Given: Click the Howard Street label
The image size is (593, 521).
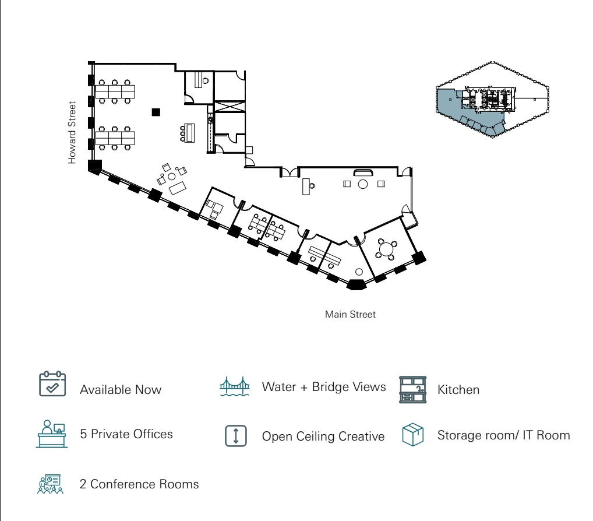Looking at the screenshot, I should (72, 133).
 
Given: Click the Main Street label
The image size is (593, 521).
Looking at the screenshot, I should (350, 315).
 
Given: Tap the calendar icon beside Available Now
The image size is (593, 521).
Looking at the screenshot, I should (52, 384).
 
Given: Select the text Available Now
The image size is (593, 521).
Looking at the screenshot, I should (121, 390).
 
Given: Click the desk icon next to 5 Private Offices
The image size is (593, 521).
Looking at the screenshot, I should (52, 434).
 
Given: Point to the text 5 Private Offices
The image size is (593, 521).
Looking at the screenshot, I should (126, 434).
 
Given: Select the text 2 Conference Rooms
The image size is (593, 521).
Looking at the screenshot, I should (139, 484).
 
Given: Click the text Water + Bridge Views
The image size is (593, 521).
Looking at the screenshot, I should (324, 387).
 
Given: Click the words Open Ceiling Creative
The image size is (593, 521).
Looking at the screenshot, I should (323, 436).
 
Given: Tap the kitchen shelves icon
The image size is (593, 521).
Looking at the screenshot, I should (412, 389).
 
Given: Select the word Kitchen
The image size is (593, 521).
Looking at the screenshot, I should (458, 390).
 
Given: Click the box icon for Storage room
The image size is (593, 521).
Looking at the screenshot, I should (412, 435).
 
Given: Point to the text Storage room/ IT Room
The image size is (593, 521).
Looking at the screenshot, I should (503, 435).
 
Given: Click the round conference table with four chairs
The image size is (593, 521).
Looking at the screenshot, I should (385, 249).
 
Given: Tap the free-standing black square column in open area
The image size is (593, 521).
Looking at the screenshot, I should (156, 112).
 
